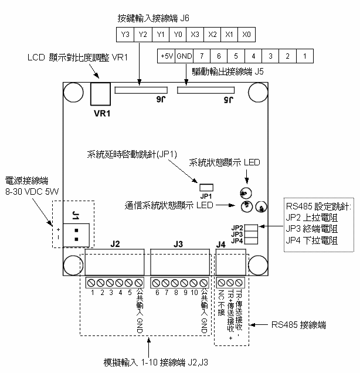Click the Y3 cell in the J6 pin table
tap(125, 35)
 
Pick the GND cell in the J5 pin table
tap(184, 56)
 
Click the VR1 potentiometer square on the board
tap(101, 93)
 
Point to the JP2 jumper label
tap(237, 227)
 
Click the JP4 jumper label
tap(237, 240)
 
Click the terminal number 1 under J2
tap(92, 291)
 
